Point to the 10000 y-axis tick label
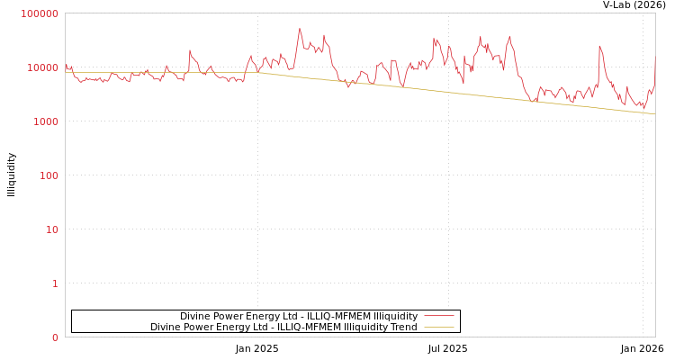pyautogui.click(x=43, y=67)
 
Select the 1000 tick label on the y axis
pyautogui.click(x=46, y=121)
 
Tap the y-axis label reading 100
pyautogui.click(x=49, y=175)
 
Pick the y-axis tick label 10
pyautogui.click(x=51, y=229)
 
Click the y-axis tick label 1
pyautogui.click(x=54, y=283)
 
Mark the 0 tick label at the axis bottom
pyautogui.click(x=54, y=337)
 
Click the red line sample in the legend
pyautogui.click(x=438, y=316)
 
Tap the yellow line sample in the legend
pyautogui.click(x=438, y=327)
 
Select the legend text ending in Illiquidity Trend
pyautogui.click(x=283, y=327)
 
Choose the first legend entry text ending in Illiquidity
pyautogui.click(x=299, y=316)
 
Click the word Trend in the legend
pyautogui.click(x=402, y=327)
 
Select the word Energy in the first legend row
pyautogui.click(x=262, y=316)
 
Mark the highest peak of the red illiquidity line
pyautogui.click(x=300, y=29)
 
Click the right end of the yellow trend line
pyautogui.click(x=654, y=113)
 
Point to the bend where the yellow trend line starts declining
pyautogui.click(x=258, y=72)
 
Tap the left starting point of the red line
pyautogui.click(x=66, y=65)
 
